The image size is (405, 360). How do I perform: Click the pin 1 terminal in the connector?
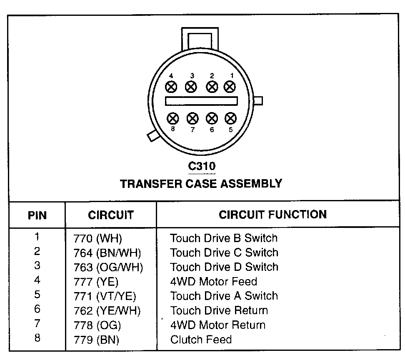tap(230, 87)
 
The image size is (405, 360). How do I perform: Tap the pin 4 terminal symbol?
tap(171, 87)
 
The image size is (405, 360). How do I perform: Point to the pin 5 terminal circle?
tap(230, 118)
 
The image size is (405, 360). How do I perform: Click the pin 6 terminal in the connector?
tap(212, 118)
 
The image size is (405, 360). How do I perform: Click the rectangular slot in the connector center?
tap(201, 101)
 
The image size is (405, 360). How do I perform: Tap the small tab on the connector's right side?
tap(258, 101)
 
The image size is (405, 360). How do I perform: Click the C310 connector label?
tap(202, 166)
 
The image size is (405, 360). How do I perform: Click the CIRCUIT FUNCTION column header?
tap(272, 215)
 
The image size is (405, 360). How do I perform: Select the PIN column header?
tap(37, 215)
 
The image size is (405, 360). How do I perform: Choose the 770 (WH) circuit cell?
tap(97, 239)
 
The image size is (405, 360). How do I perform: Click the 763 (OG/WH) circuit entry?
tap(108, 267)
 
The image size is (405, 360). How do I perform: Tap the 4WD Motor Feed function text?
tap(213, 282)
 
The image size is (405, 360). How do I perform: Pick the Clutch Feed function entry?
tap(201, 339)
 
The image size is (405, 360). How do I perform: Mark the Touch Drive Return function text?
tap(219, 310)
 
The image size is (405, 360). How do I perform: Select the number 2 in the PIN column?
tap(37, 251)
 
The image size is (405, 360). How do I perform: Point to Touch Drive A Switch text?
tap(224, 296)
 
